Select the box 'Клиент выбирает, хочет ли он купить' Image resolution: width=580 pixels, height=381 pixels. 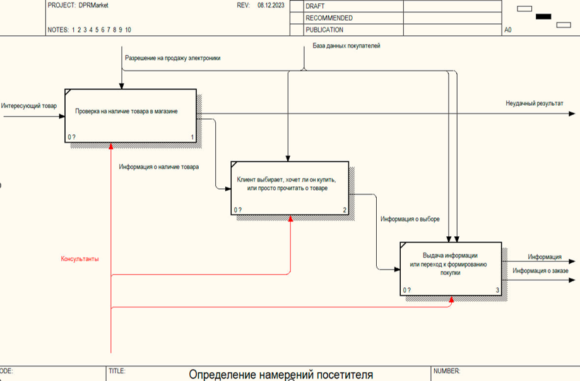point(291,185)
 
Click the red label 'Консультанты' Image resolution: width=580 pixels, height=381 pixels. point(80,259)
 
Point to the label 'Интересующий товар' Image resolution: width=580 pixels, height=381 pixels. point(29,106)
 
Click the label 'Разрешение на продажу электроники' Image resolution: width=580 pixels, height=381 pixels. point(172,58)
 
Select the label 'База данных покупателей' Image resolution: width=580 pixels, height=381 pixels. point(346,46)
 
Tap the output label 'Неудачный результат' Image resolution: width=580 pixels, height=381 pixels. point(534,103)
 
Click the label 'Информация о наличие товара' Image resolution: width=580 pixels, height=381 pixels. point(159,168)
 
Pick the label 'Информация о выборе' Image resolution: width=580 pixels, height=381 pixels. point(410,219)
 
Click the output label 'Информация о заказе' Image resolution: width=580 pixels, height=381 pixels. point(540,271)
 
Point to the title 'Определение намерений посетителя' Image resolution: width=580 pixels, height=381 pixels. point(281,375)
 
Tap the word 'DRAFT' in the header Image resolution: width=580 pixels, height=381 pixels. point(315,6)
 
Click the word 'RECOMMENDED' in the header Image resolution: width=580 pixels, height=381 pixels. point(329,18)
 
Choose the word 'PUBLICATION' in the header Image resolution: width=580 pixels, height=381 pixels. point(324,30)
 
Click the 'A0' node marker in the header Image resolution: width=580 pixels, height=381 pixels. point(508,30)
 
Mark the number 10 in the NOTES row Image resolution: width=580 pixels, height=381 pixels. point(128,30)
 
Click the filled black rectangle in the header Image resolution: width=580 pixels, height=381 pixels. point(543,16)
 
